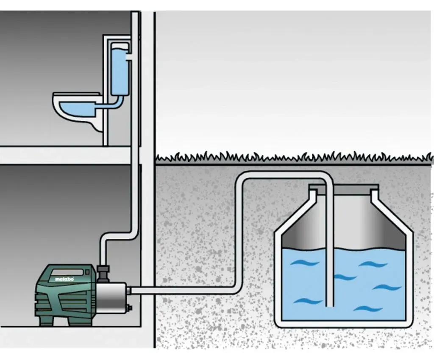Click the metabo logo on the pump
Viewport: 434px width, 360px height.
pyautogui.click(x=64, y=279)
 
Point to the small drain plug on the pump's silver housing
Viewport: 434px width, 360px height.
pyautogui.click(x=129, y=307)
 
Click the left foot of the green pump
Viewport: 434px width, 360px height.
pyautogui.click(x=46, y=321)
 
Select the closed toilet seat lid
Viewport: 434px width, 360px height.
pyautogui.click(x=76, y=94)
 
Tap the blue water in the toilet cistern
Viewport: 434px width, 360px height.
pyautogui.click(x=120, y=72)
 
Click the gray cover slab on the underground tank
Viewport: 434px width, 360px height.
pyautogui.click(x=343, y=190)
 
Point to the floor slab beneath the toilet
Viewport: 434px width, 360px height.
pyautogui.click(x=65, y=155)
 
